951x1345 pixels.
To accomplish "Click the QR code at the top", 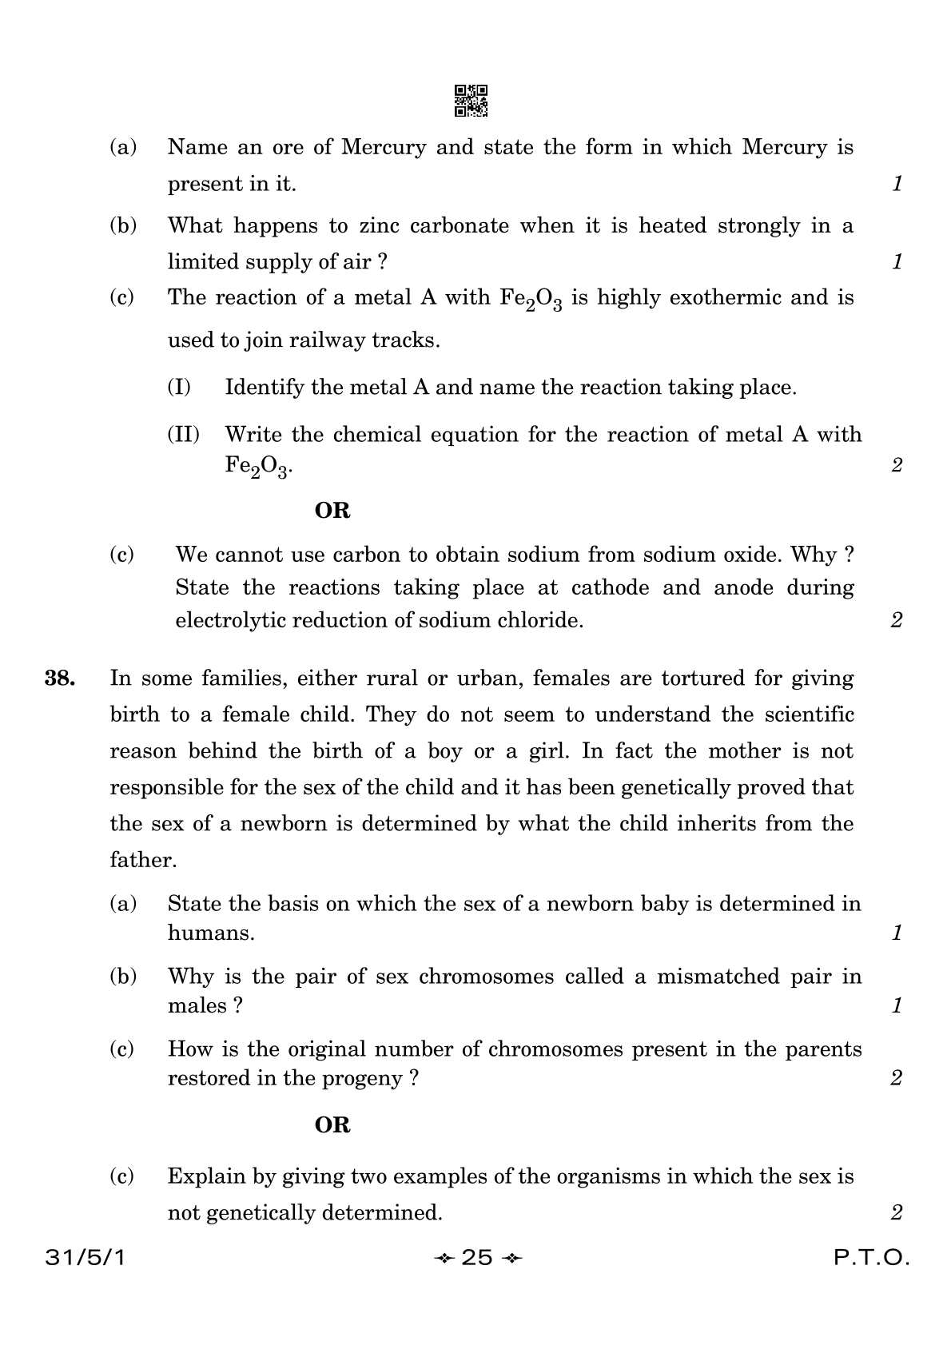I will [471, 101].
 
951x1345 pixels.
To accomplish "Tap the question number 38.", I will [60, 678].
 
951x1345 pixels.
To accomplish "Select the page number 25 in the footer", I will [477, 1258].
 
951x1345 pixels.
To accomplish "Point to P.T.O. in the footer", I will [871, 1258].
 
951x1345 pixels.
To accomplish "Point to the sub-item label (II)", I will [183, 435].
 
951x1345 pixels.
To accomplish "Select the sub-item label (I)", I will [179, 388].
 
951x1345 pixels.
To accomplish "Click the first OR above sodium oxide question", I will [332, 510].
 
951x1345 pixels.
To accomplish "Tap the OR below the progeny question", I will [332, 1124].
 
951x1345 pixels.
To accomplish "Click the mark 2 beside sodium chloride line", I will [897, 619].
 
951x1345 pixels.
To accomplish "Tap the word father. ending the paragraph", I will [143, 860].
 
